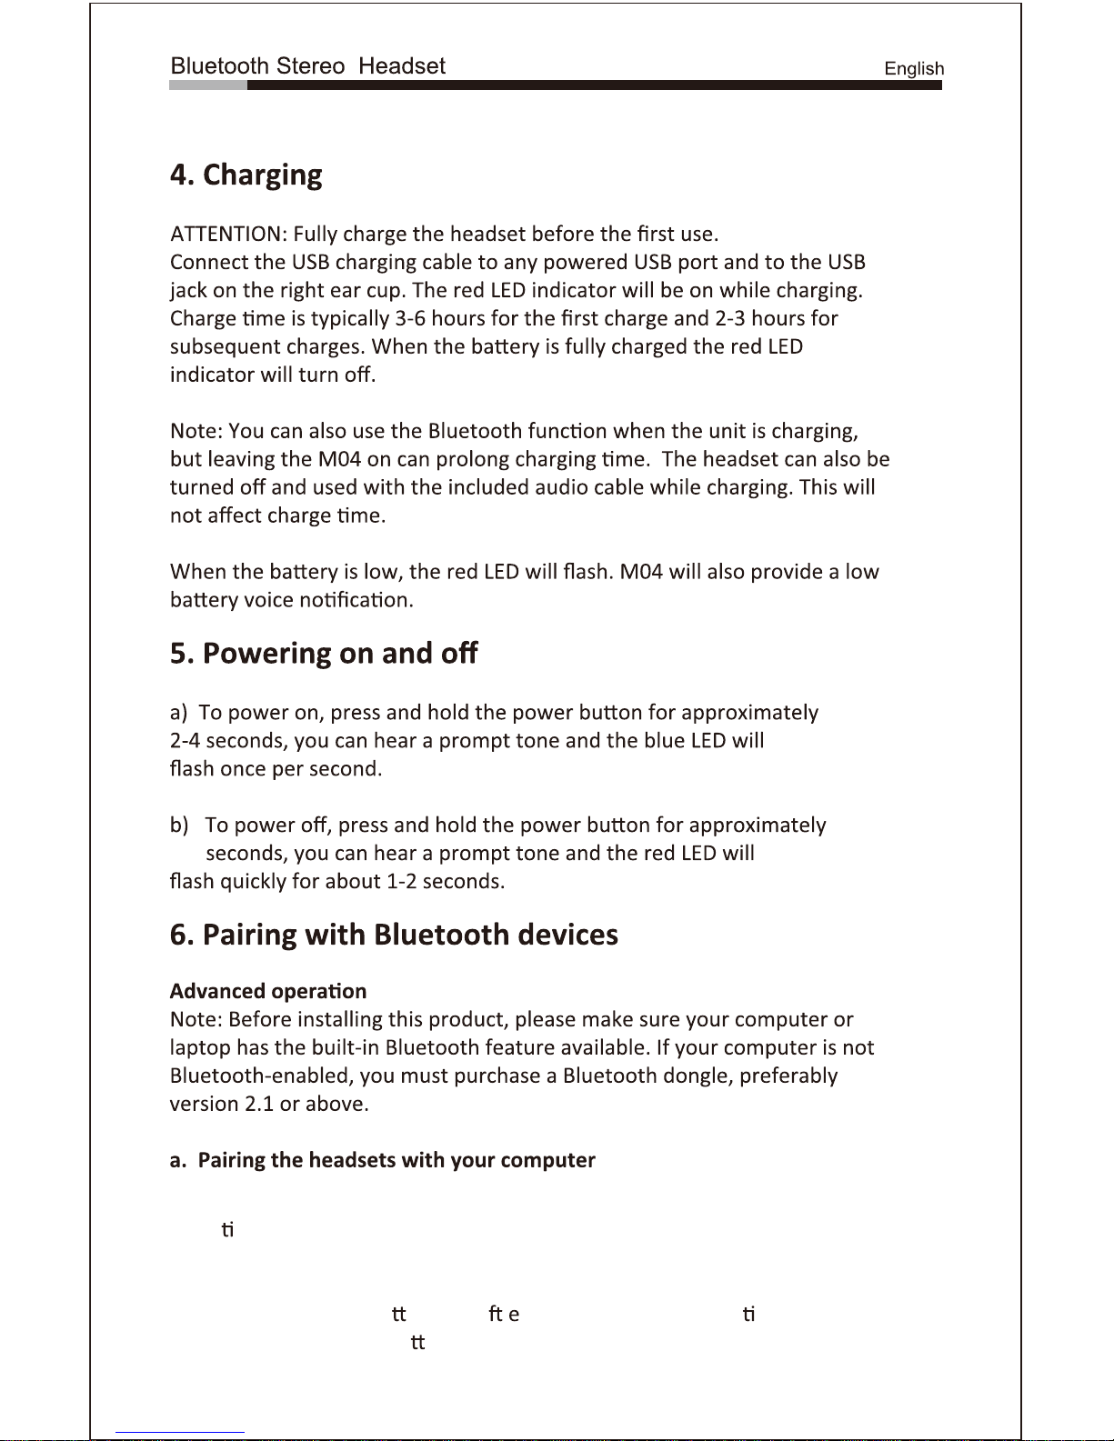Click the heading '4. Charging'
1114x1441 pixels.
pyautogui.click(x=246, y=175)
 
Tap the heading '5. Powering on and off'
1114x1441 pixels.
pyautogui.click(x=323, y=654)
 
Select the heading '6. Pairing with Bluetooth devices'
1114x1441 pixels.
pyautogui.click(x=394, y=935)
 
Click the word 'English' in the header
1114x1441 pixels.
pyautogui.click(x=914, y=69)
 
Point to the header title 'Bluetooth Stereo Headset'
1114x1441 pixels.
pyautogui.click(x=307, y=66)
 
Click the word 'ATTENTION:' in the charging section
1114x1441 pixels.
pyautogui.click(x=228, y=235)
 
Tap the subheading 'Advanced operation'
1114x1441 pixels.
pyautogui.click(x=267, y=991)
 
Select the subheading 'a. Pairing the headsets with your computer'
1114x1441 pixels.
pyautogui.click(x=382, y=1160)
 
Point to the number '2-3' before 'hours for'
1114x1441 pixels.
pyautogui.click(x=729, y=319)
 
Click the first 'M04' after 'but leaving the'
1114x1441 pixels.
pyautogui.click(x=339, y=459)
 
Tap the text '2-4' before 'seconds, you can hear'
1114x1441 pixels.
pyautogui.click(x=185, y=741)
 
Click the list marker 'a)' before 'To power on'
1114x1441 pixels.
pyautogui.click(x=179, y=713)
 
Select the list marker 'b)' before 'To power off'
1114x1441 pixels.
pyautogui.click(x=179, y=826)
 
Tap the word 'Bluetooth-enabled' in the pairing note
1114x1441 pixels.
pyautogui.click(x=260, y=1076)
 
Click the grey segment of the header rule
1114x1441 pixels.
pyautogui.click(x=207, y=85)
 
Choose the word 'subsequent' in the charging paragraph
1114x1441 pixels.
pyautogui.click(x=225, y=347)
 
